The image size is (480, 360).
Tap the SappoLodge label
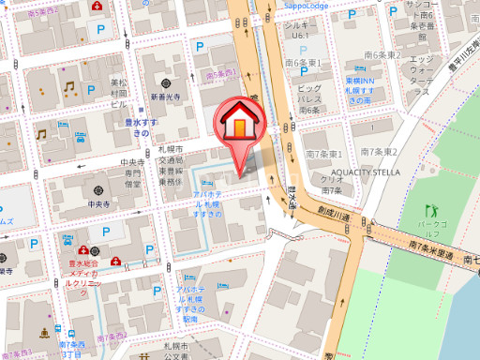click(x=305, y=5)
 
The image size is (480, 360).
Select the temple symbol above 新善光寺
click(x=163, y=82)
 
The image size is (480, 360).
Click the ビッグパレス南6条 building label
click(x=309, y=99)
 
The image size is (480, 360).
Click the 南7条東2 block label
click(x=379, y=153)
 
